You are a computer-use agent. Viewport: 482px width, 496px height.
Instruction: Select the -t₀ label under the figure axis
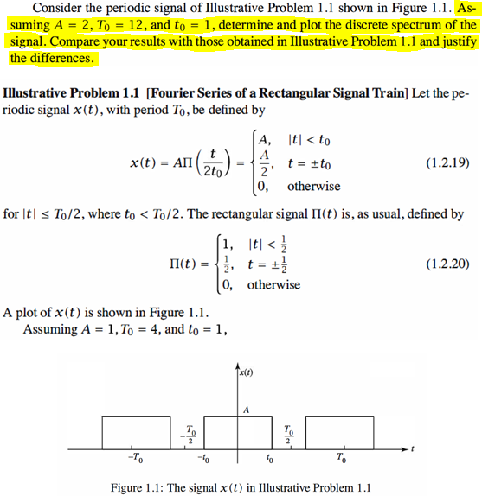[203, 458]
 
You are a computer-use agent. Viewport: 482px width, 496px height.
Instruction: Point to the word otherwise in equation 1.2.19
[313, 186]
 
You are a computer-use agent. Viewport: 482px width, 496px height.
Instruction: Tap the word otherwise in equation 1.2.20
[273, 283]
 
